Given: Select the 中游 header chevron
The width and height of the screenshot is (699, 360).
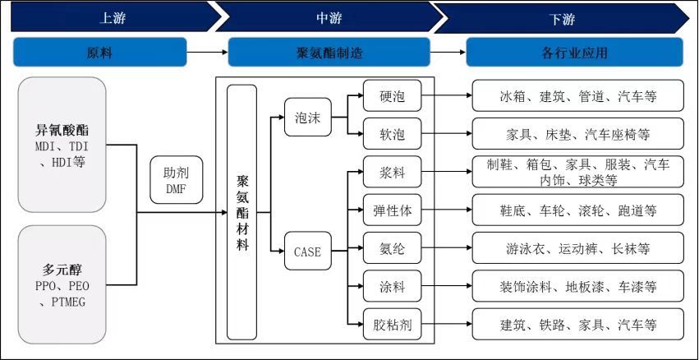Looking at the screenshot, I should click(x=329, y=17).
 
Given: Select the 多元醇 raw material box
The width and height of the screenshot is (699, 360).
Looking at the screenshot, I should click(x=62, y=284).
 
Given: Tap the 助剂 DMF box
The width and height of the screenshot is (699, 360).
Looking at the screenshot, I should click(x=175, y=180).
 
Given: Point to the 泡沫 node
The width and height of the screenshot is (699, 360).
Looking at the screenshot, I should click(x=307, y=116).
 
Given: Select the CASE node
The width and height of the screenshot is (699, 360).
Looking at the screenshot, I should click(x=307, y=252).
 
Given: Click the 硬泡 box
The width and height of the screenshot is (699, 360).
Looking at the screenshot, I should click(x=392, y=96).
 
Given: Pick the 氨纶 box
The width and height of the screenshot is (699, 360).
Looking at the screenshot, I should click(x=392, y=249).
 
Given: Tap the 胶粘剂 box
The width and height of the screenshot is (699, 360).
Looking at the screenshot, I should click(x=392, y=325).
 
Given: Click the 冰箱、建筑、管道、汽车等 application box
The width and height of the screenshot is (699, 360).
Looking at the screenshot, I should click(x=577, y=96).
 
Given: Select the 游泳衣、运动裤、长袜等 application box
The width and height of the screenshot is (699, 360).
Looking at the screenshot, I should click(x=577, y=249).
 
